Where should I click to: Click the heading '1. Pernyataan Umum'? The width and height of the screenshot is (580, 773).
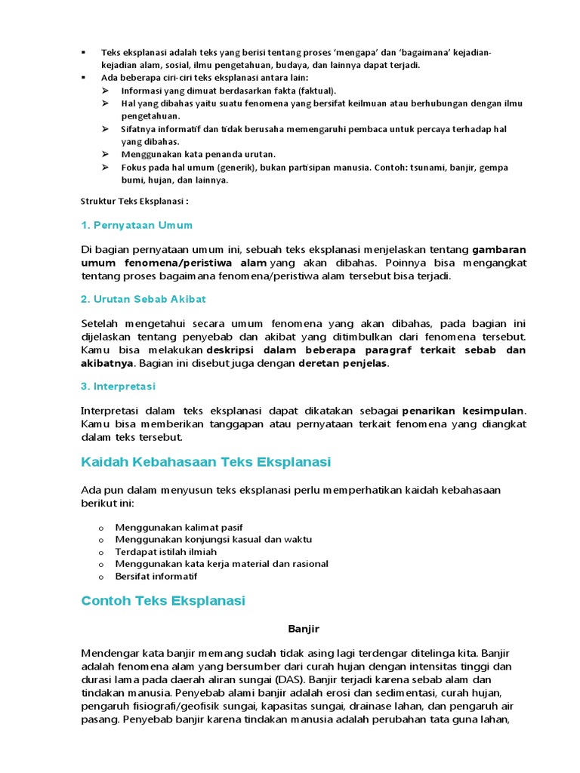[137, 225]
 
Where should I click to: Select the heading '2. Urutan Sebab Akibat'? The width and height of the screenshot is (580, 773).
[143, 299]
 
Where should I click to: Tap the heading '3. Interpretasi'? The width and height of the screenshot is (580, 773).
[118, 386]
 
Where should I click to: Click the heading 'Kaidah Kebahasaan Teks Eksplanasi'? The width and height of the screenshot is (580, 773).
[205, 461]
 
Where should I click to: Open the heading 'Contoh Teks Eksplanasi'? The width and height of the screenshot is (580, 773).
[163, 601]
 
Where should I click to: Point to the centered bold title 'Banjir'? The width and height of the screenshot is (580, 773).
[304, 628]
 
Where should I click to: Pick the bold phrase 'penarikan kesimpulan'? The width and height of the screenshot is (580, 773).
[462, 411]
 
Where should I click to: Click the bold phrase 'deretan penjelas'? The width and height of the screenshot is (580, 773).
[344, 364]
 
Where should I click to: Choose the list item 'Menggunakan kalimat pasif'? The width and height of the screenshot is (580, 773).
[179, 527]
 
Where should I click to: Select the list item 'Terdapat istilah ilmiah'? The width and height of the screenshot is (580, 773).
[165, 552]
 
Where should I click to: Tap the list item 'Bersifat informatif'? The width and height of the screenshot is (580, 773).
[156, 576]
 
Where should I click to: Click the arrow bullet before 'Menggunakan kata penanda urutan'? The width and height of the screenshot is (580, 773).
[105, 154]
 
